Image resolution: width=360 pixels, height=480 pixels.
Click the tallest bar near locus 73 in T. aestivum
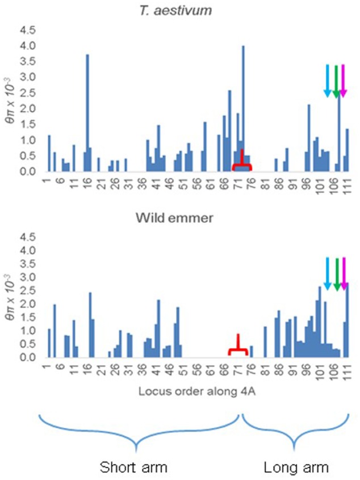pos(243,108)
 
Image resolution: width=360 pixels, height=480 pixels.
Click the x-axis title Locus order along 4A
pos(195,391)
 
